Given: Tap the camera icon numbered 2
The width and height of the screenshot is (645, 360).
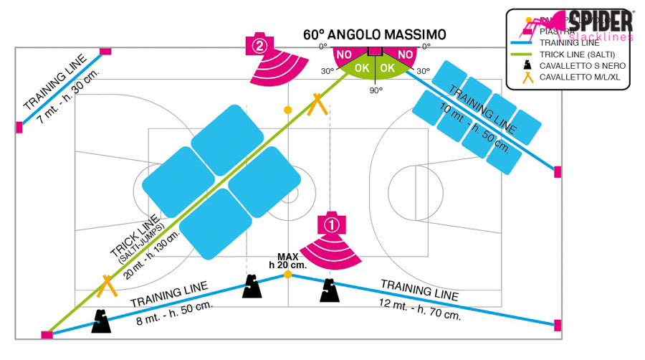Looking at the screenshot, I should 259,45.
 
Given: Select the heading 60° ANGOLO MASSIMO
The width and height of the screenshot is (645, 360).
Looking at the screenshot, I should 374,34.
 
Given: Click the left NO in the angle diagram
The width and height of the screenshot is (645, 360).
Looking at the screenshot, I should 345,55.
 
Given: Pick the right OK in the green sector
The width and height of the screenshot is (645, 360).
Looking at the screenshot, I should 388,67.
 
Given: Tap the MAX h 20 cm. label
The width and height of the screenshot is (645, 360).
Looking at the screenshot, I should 287,261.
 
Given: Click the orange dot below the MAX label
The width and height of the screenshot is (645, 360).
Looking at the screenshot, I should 287,275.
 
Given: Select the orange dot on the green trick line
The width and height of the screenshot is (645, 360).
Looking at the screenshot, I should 287,110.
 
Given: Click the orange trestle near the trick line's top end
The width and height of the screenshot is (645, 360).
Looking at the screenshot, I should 317,105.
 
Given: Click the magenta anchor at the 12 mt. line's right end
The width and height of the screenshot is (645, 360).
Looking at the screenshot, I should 558,325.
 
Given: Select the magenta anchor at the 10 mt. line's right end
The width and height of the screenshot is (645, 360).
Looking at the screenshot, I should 558,171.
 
